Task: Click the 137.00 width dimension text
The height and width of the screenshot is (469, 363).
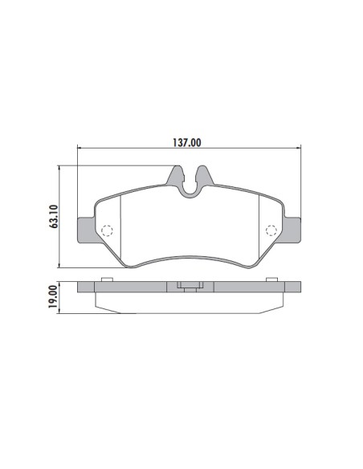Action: coord(188,142)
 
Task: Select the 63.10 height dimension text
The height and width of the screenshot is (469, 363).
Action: coord(53,216)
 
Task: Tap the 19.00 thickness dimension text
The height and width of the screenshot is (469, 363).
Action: coord(53,296)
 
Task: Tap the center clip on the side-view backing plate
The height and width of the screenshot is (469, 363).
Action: coord(190,287)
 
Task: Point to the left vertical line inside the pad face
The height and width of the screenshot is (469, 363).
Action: coord(120,229)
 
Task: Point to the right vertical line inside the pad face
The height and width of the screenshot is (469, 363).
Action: coord(259,229)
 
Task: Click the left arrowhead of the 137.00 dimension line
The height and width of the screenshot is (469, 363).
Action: coord(80,149)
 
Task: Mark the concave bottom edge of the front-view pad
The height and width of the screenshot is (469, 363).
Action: coord(190,259)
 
